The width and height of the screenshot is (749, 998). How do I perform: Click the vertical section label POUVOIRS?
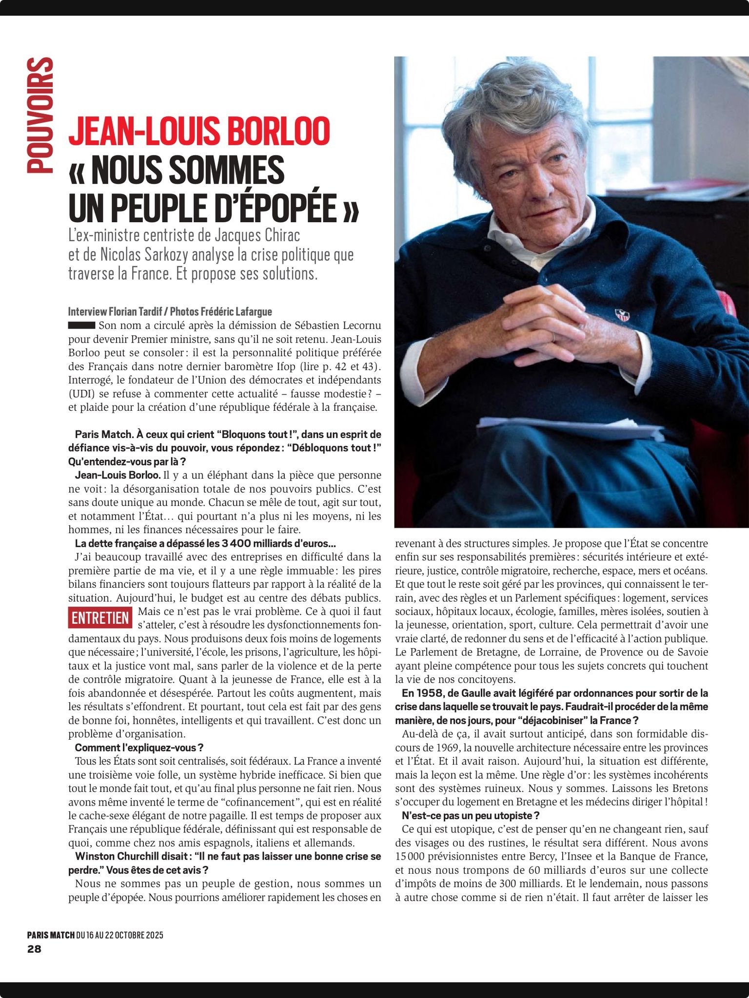[40, 115]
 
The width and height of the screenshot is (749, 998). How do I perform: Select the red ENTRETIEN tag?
[100, 618]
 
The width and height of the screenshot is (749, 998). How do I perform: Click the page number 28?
[35, 949]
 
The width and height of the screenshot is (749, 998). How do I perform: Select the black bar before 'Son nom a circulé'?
[81, 325]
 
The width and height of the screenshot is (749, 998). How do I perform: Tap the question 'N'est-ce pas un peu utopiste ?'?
[471, 815]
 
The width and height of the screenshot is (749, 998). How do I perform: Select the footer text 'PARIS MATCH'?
[51, 935]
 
